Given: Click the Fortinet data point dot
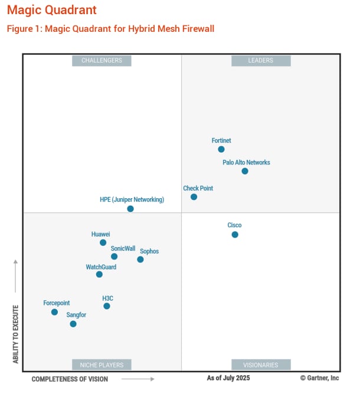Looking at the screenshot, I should point(221,149).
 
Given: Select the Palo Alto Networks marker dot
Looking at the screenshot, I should point(245,171).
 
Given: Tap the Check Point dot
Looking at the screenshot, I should point(194,197).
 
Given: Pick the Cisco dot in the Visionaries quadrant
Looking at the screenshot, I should point(235,235).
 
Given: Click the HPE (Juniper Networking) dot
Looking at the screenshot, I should point(130,209).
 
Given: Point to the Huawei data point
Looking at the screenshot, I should point(103,242).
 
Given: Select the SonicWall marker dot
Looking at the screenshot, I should point(114,257).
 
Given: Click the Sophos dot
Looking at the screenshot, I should point(140,260).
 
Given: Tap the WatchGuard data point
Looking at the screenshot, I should point(99,274).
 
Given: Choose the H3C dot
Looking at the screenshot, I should point(107,306).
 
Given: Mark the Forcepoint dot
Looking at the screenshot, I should point(54,312).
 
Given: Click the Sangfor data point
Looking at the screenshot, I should point(73,324).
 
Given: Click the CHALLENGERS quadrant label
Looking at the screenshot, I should point(102,60).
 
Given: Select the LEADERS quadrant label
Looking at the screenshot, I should point(261,60).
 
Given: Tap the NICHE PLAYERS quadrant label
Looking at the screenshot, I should point(102,365).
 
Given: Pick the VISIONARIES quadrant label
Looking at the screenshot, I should point(261,365).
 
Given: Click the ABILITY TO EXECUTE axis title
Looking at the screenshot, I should point(16,334).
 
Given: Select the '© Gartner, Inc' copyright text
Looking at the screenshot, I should point(319,377).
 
